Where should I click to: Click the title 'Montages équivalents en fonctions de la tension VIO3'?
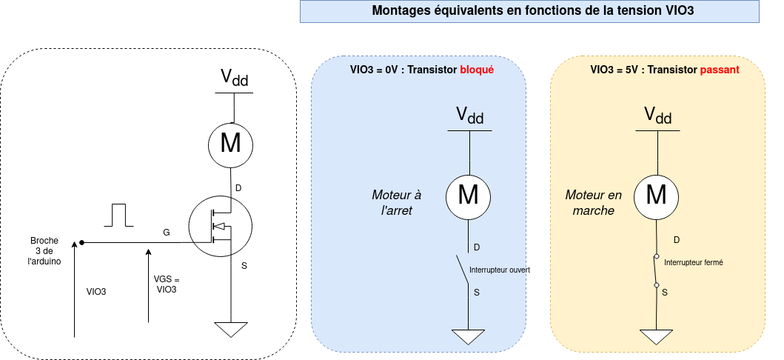pyautogui.click(x=529, y=11)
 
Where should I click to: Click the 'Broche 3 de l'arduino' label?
pyautogui.click(x=45, y=251)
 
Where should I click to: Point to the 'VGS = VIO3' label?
pyautogui.click(x=167, y=284)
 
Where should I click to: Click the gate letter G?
pyautogui.click(x=166, y=233)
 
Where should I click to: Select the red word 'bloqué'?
pyautogui.click(x=477, y=70)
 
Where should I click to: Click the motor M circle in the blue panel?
pyautogui.click(x=468, y=196)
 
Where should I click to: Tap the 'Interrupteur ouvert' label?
pyautogui.click(x=500, y=270)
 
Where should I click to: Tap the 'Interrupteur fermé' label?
pyautogui.click(x=694, y=263)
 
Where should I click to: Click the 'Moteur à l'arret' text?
pyautogui.click(x=396, y=202)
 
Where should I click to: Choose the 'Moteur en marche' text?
pyautogui.click(x=593, y=202)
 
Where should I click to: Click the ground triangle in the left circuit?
pyautogui.click(x=232, y=330)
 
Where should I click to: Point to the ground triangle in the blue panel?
pyautogui.click(x=468, y=336)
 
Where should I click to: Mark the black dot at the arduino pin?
pyautogui.click(x=81, y=242)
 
